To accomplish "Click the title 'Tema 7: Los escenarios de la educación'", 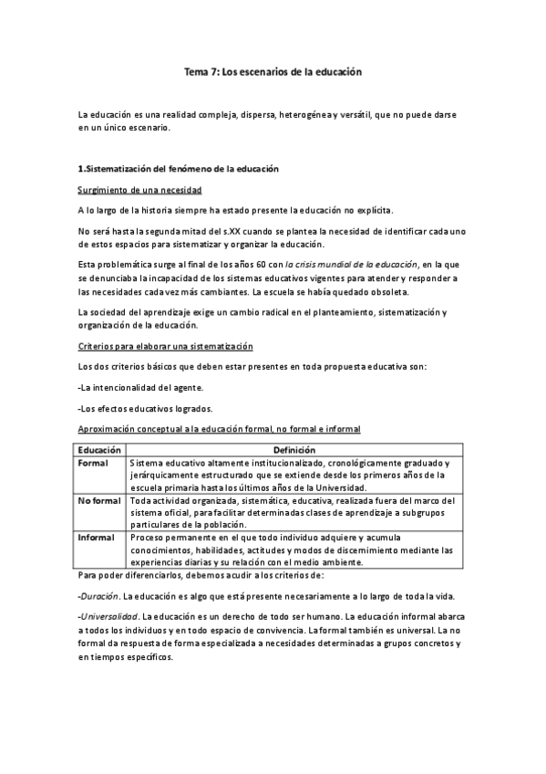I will click(x=273, y=71).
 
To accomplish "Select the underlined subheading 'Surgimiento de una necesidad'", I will click(x=139, y=190).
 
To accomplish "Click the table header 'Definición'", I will click(x=294, y=450).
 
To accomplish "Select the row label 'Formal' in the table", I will click(x=93, y=463).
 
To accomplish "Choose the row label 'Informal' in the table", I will click(x=98, y=539).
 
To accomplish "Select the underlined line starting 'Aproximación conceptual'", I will click(x=219, y=428).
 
